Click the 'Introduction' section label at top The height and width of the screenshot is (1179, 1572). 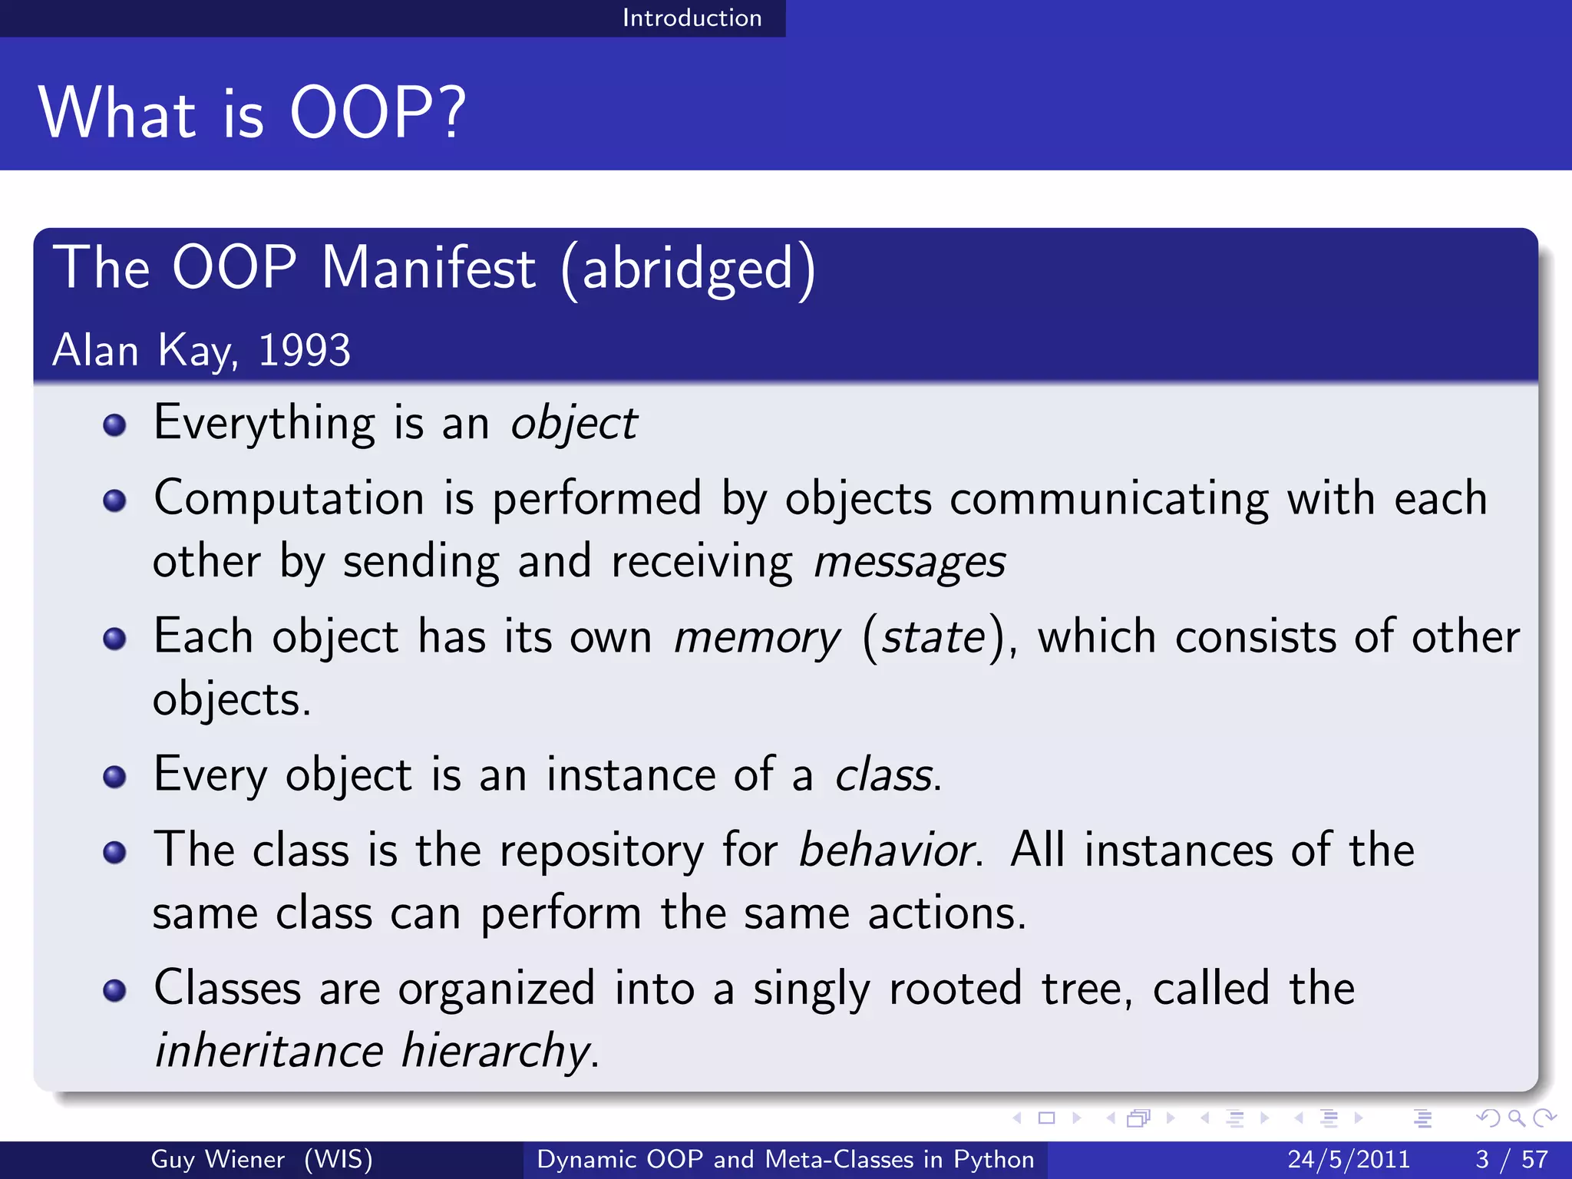(692, 18)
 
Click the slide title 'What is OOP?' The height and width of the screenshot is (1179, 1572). (252, 113)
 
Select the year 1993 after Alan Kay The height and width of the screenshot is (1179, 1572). (304, 351)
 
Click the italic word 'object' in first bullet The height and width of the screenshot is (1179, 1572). (574, 423)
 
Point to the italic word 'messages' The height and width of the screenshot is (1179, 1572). (910, 562)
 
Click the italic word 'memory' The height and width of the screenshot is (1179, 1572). (757, 638)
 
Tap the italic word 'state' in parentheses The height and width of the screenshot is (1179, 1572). (933, 638)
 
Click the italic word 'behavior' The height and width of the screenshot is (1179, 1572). (887, 850)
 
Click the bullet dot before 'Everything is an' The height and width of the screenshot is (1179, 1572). (114, 424)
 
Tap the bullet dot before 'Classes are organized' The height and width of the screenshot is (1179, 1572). (114, 990)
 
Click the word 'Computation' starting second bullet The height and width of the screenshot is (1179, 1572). (289, 499)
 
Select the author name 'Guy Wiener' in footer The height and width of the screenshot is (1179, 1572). (217, 1159)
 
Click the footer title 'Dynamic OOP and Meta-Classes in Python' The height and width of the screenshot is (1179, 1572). (785, 1159)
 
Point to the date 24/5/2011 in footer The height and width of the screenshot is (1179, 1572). (1349, 1159)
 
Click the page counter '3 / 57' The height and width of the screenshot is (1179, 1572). (1511, 1159)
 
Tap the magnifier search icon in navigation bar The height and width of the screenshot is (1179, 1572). (1516, 1118)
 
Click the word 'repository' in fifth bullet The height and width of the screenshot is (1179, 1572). (601, 850)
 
